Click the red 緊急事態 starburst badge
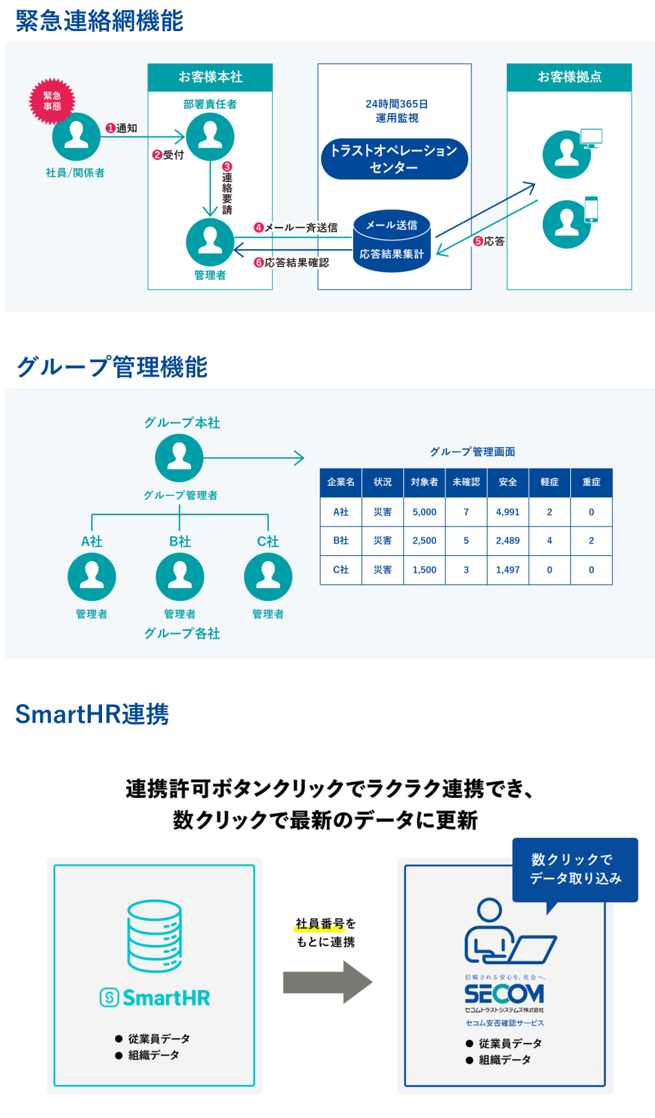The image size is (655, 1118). tap(52, 101)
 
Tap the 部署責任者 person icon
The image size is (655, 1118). tap(210, 137)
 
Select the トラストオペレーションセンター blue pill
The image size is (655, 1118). tap(394, 159)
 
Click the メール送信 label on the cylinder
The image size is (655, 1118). tap(392, 225)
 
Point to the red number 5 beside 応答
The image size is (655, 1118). tap(478, 241)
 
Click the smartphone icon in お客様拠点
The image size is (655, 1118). tap(591, 209)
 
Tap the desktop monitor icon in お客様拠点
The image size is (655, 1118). tap(591, 138)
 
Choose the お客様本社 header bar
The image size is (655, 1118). tap(210, 77)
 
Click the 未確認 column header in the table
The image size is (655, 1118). tap(466, 482)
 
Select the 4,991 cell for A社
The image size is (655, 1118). tap(508, 512)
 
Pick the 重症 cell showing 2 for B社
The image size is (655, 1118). tap(592, 541)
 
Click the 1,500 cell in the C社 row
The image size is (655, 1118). tap(425, 570)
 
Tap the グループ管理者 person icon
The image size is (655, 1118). tap(179, 458)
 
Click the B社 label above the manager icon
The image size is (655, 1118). tap(180, 541)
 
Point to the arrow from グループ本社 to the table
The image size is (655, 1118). tap(255, 458)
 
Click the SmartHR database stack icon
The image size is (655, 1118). tap(154, 936)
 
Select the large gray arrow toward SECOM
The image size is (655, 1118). tap(327, 982)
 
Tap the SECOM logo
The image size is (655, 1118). tap(504, 994)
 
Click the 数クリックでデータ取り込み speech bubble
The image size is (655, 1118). tap(575, 869)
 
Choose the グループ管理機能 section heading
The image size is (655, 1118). tap(112, 366)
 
